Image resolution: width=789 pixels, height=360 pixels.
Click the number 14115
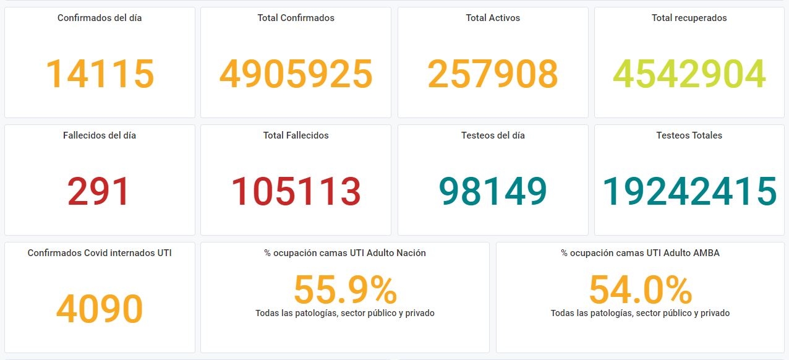click(x=100, y=74)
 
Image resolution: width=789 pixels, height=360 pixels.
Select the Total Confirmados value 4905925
click(x=296, y=74)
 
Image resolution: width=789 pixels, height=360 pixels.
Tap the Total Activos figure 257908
click(x=493, y=74)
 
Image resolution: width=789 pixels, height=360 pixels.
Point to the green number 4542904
click(x=689, y=74)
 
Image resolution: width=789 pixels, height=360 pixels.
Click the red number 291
click(x=98, y=191)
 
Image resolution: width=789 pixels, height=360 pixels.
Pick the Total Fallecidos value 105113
click(x=296, y=191)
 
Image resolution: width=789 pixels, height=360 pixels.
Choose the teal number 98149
click(x=493, y=191)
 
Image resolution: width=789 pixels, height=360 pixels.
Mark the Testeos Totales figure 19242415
click(x=689, y=191)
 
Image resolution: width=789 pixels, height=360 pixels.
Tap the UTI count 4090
click(x=100, y=309)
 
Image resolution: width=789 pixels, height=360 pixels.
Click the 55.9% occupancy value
click(x=345, y=290)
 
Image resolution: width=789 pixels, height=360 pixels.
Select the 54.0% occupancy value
click(x=641, y=290)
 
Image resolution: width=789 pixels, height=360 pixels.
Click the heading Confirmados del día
click(x=100, y=18)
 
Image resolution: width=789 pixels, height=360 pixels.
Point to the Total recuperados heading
click(x=689, y=18)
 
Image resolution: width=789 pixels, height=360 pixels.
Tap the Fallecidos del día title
click(x=100, y=135)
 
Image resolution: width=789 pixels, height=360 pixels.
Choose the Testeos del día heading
click(x=493, y=135)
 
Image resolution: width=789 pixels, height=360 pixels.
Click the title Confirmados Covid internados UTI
click(x=100, y=253)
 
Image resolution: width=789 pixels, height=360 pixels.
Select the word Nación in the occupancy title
click(x=411, y=253)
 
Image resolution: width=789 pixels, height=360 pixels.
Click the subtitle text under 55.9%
click(x=345, y=313)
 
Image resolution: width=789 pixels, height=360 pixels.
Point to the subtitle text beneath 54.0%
click(x=641, y=313)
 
